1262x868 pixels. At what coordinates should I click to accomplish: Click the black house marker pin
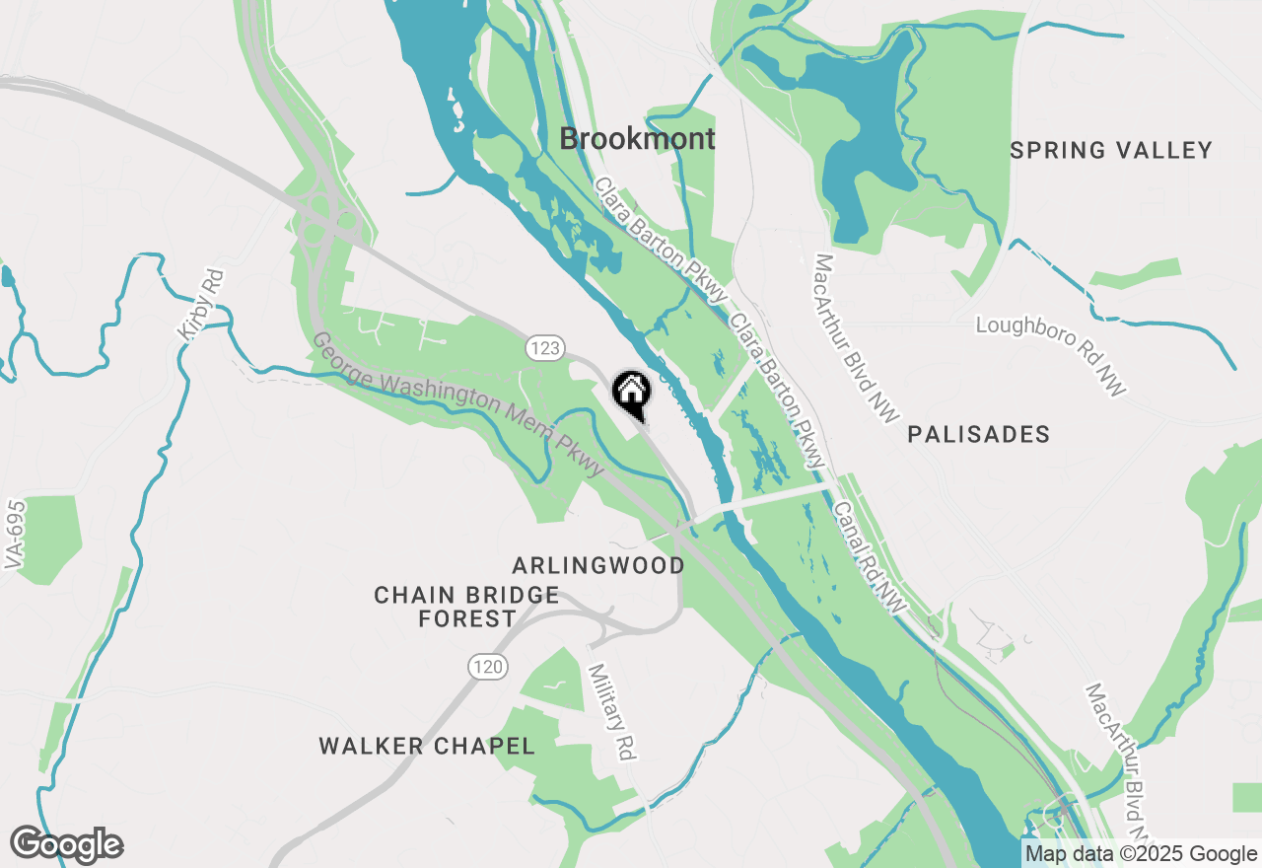click(632, 392)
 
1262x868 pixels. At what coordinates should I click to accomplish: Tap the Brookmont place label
click(637, 139)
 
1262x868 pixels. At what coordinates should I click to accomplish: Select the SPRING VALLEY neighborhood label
click(1111, 151)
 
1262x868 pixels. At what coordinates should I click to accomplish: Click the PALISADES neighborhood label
click(979, 434)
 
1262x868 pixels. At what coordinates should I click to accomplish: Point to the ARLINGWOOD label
click(598, 565)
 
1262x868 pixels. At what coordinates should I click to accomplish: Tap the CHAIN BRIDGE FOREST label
click(466, 607)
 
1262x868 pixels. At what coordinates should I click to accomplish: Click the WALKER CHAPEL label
click(427, 746)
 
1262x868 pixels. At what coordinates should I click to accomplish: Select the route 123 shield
click(544, 347)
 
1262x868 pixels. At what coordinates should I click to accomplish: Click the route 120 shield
click(488, 668)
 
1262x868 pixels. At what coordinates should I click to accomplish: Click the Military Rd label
click(611, 710)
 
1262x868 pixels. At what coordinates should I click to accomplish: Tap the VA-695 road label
click(14, 532)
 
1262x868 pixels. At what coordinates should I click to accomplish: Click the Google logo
click(66, 845)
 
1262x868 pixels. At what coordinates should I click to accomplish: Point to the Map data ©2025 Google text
click(1141, 854)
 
